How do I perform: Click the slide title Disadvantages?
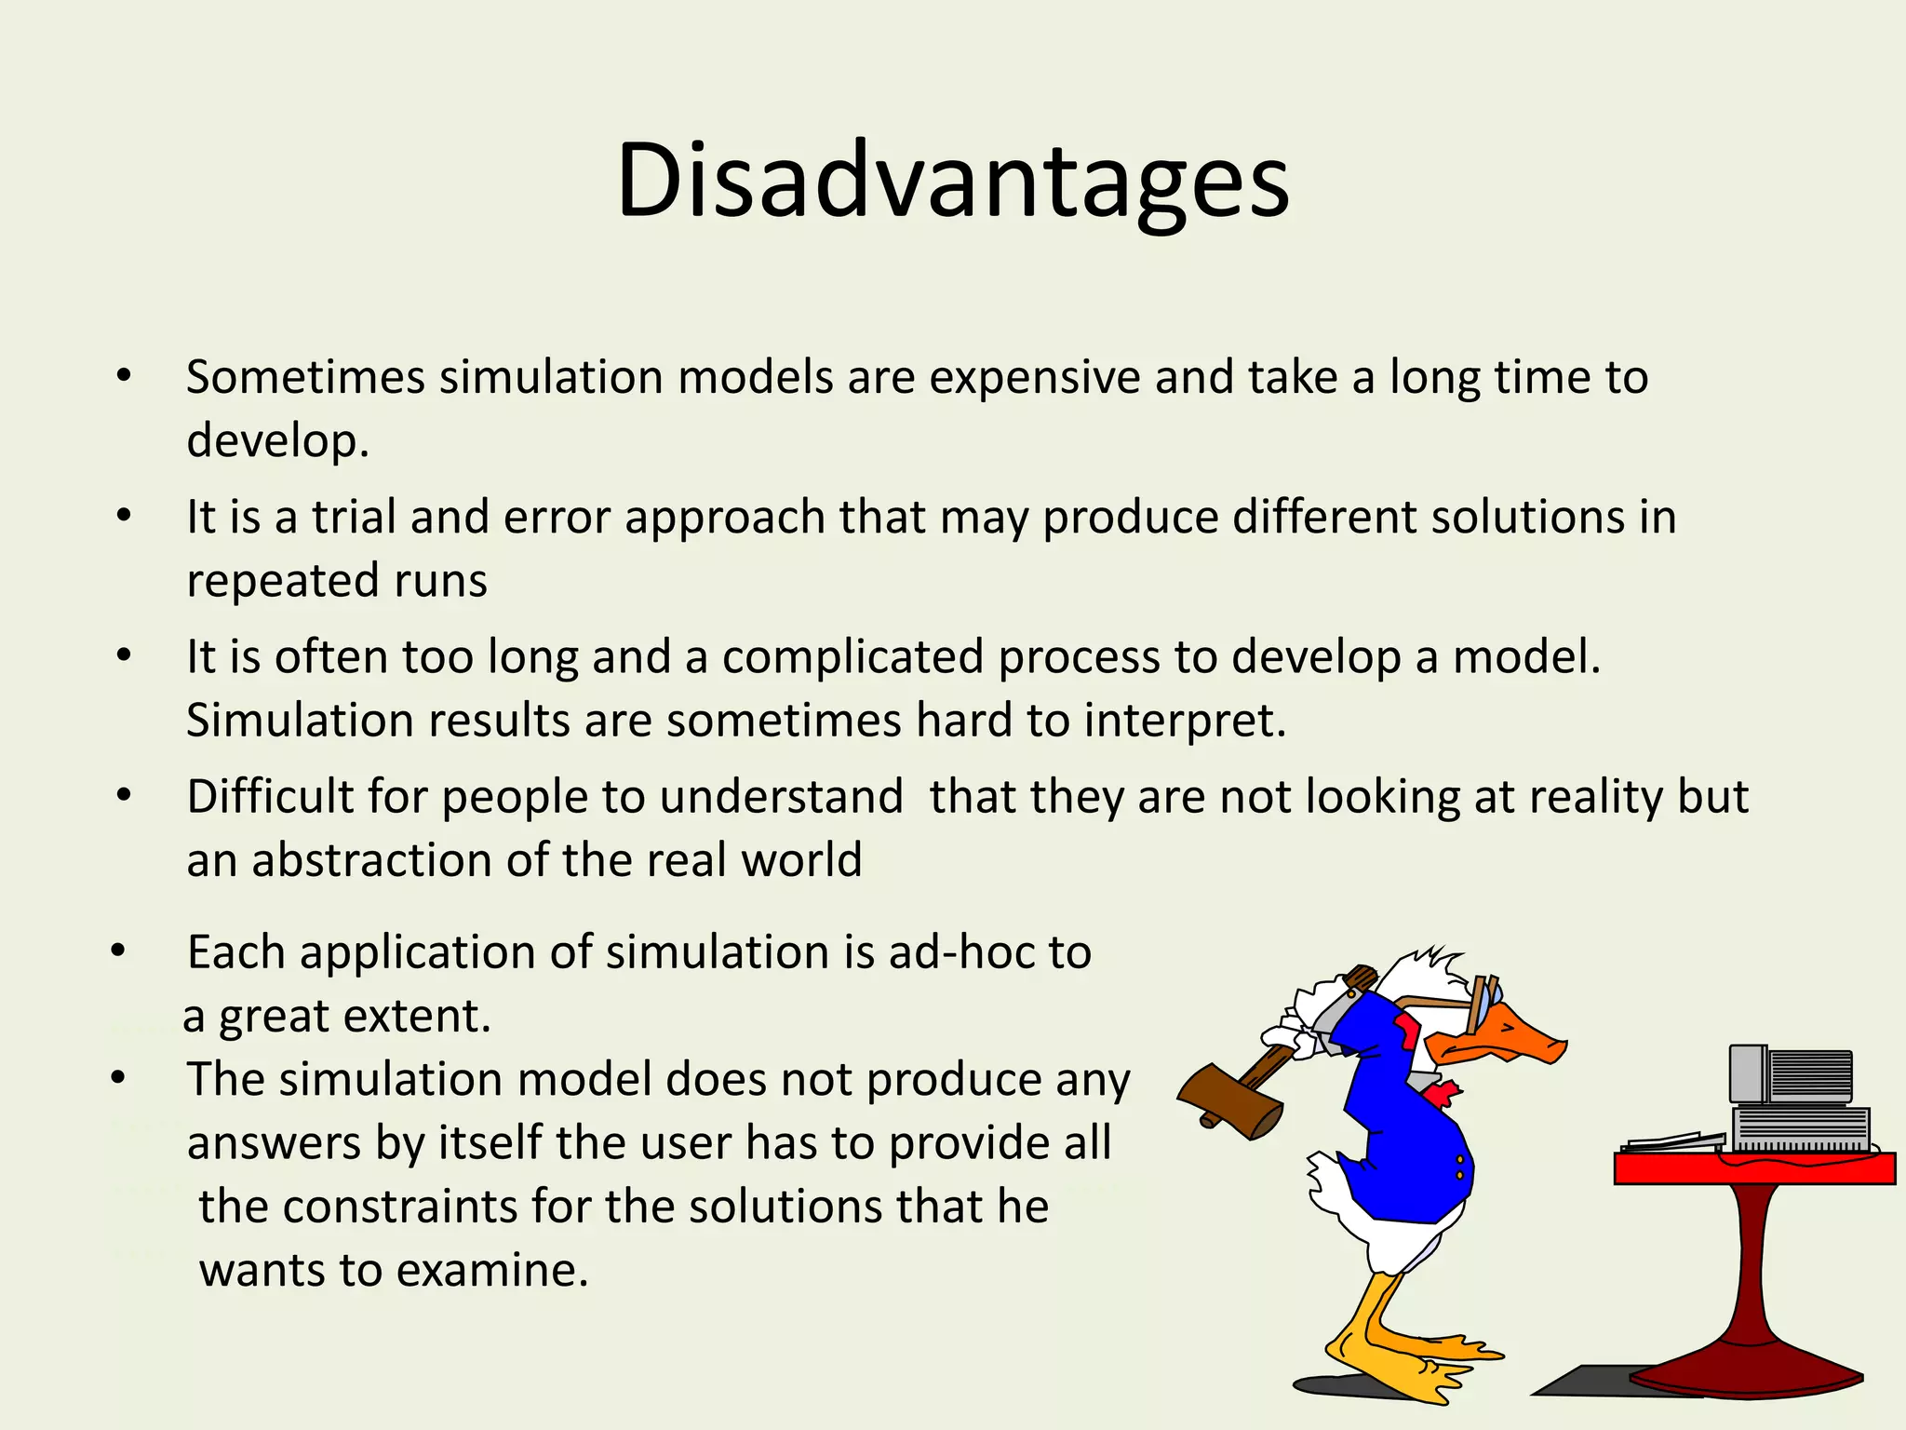[x=952, y=182]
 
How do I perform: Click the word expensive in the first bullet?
[x=1034, y=378]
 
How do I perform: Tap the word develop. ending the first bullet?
[x=277, y=441]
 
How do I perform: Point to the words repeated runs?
[x=336, y=581]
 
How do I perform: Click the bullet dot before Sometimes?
[x=124, y=377]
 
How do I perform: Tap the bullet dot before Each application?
[x=117, y=952]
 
